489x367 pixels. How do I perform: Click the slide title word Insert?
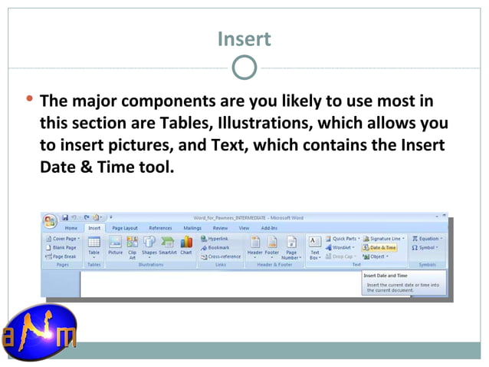[244, 38]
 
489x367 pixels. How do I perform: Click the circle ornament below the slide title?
[244, 68]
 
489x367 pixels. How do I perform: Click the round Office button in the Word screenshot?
[51, 221]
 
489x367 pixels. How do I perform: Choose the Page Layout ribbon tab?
[125, 228]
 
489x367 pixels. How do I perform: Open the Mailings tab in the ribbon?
[192, 228]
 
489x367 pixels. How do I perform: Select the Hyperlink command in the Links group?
[218, 239]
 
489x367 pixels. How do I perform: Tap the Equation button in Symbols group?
[425, 239]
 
